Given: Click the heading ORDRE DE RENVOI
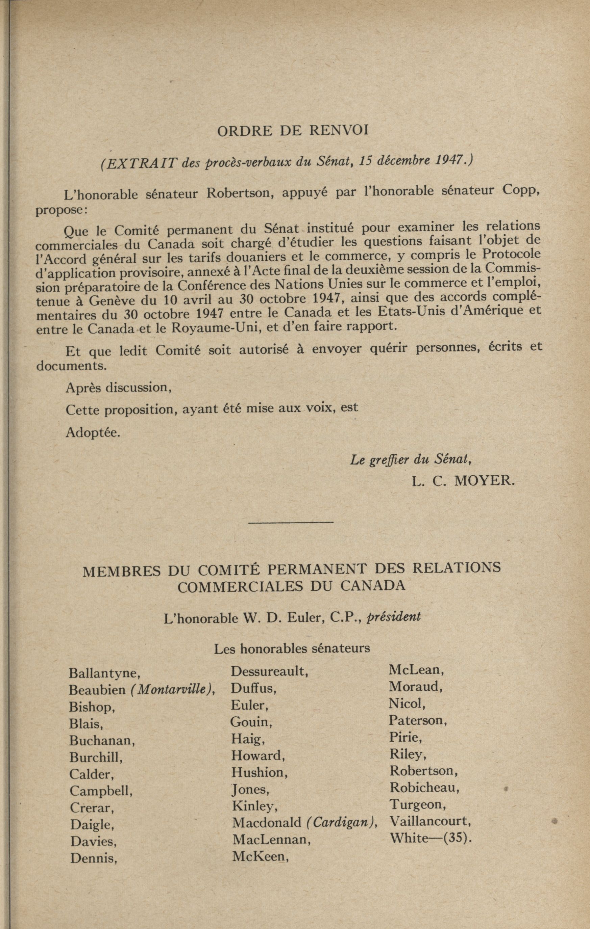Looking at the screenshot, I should coord(293,131).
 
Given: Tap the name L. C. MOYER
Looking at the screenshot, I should coord(463,481).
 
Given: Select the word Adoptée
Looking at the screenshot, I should coord(93,432).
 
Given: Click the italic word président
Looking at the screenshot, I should coord(393,616).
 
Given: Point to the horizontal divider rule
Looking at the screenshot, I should coord(291,522).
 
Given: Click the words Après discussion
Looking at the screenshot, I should coord(119,387).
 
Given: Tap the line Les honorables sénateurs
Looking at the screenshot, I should coord(292,648).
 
